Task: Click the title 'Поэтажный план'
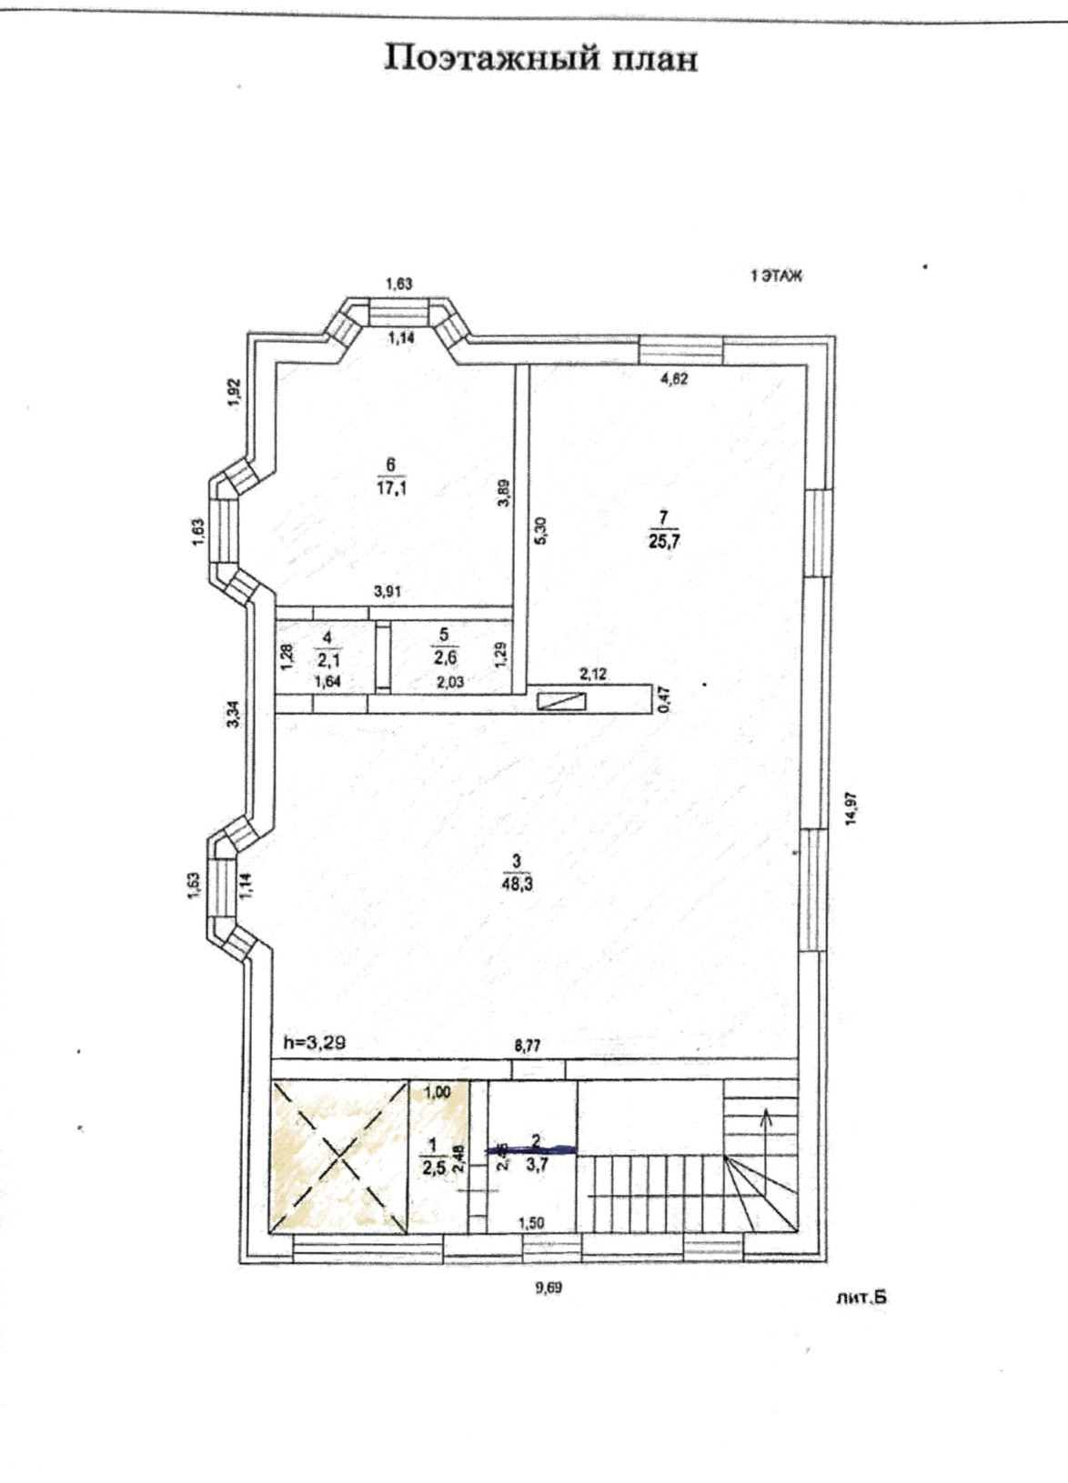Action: click(541, 58)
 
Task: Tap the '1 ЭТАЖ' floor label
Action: click(775, 276)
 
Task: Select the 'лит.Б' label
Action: click(861, 1298)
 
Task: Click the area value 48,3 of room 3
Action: click(517, 880)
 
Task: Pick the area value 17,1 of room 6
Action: click(391, 486)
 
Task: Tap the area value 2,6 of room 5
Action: click(444, 658)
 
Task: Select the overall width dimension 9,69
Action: click(549, 1286)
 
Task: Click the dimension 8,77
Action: click(528, 1047)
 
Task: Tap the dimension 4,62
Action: click(673, 380)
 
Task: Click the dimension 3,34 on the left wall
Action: click(233, 713)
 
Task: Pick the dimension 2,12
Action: click(593, 674)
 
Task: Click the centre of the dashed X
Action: click(339, 1157)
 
